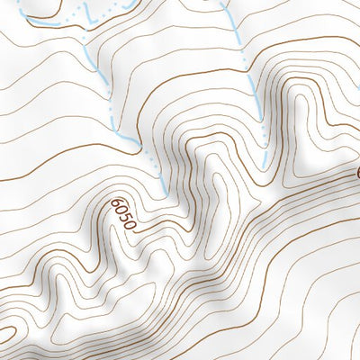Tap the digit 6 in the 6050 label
click(x=117, y=204)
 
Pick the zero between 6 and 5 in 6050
click(x=121, y=211)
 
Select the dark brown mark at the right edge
click(x=357, y=172)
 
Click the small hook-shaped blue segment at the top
click(x=90, y=11)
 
